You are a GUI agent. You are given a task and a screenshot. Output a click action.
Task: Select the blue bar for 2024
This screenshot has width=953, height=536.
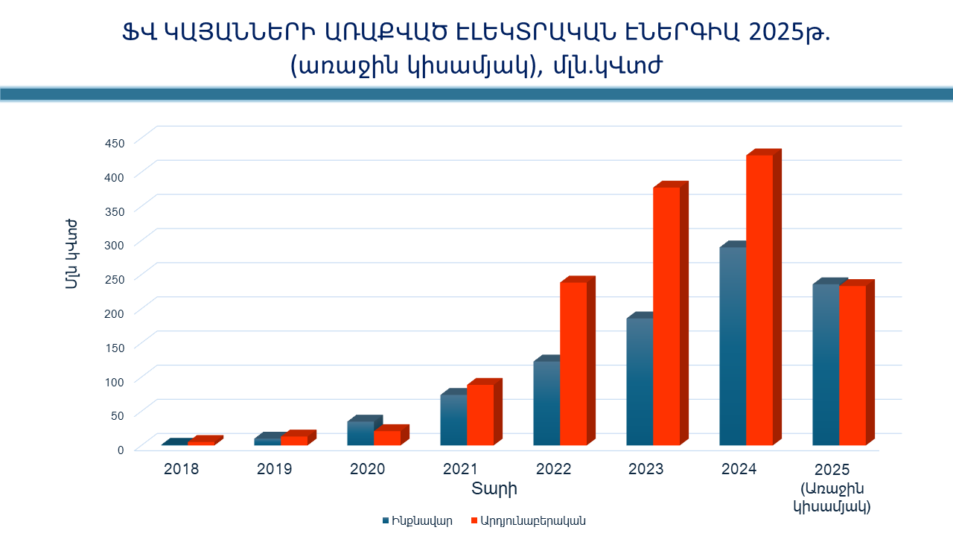[733, 346]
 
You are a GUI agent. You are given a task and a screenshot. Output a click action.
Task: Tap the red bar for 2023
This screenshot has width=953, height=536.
[666, 316]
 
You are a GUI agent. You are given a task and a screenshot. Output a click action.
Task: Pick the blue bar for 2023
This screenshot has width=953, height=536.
[640, 382]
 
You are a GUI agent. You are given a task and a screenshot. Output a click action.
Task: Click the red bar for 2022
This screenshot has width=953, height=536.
[573, 364]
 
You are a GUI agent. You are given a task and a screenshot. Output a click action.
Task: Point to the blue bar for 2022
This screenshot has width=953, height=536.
[546, 403]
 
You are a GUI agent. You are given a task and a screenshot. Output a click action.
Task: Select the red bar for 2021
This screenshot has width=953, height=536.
[480, 415]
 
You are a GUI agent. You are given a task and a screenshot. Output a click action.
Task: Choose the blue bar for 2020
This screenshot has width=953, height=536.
[360, 433]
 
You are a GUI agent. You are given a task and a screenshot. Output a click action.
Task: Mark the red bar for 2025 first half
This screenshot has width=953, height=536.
[852, 366]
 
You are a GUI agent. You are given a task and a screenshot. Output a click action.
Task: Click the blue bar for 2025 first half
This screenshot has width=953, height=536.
[826, 365]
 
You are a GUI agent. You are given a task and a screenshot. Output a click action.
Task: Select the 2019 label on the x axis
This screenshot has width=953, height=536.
[274, 470]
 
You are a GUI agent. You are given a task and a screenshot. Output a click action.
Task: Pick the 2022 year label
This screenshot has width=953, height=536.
[553, 470]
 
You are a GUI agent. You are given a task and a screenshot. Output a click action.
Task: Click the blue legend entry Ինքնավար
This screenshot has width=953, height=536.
[417, 521]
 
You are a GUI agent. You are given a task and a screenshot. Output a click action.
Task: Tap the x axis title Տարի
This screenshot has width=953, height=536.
[494, 489]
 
